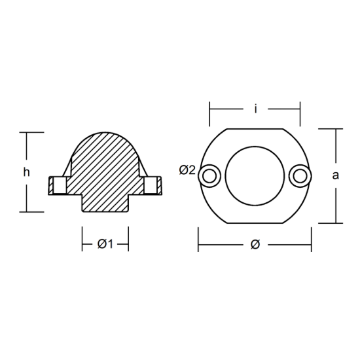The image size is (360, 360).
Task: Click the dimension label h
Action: (26, 172)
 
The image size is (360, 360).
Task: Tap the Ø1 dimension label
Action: (105, 244)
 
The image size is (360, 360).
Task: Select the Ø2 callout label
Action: (187, 170)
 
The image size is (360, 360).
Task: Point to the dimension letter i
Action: (255, 109)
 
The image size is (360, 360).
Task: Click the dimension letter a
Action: (335, 175)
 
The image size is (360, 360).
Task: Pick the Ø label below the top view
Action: (255, 244)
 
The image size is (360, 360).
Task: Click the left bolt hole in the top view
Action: (209, 176)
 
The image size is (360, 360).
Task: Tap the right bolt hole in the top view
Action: (300, 176)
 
